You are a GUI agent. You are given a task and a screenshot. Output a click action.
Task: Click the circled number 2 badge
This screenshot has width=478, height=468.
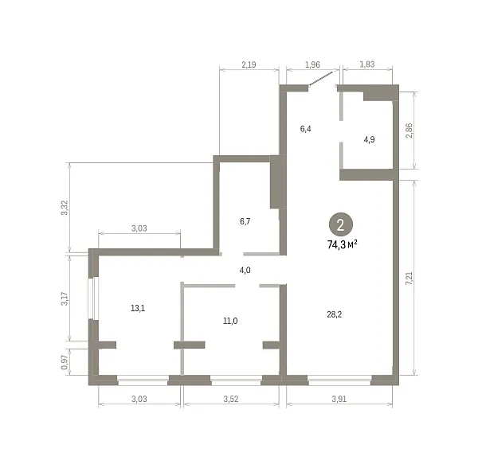click(x=340, y=224)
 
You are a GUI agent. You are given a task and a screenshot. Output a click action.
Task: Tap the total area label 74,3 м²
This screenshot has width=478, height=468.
click(x=342, y=244)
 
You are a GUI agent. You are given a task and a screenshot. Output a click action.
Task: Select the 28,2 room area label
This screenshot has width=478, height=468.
click(x=334, y=314)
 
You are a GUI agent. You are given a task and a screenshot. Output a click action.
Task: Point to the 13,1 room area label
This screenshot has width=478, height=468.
click(x=138, y=309)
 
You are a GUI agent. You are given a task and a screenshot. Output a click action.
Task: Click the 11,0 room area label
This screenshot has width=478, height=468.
click(x=230, y=321)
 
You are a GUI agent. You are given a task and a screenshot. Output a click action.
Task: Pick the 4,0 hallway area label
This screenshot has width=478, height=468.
click(x=245, y=270)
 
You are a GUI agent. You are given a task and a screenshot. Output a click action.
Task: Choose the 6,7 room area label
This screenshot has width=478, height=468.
click(x=245, y=221)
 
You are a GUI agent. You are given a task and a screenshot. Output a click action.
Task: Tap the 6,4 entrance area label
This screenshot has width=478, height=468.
click(x=305, y=129)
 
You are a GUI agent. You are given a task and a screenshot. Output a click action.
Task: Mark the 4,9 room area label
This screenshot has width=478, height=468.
click(x=369, y=140)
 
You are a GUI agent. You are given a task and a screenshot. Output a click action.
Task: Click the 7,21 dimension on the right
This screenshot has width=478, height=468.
click(x=409, y=278)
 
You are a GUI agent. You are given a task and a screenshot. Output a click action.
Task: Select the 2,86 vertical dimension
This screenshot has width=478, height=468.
click(x=409, y=131)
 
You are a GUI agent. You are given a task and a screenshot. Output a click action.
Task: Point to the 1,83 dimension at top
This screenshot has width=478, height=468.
click(x=367, y=64)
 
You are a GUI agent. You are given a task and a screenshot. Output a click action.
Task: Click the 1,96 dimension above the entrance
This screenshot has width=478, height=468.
click(x=312, y=64)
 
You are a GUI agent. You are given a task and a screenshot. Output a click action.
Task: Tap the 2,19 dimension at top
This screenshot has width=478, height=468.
click(x=249, y=64)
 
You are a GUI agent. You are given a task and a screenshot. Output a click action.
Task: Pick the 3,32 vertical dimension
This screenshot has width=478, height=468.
click(x=65, y=208)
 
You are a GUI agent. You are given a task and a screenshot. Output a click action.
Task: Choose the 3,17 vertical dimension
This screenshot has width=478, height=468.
click(x=65, y=298)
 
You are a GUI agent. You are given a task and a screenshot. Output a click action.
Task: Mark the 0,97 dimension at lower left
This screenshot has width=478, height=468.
click(x=65, y=362)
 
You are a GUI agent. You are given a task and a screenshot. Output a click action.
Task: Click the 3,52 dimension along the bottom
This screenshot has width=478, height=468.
click(x=231, y=399)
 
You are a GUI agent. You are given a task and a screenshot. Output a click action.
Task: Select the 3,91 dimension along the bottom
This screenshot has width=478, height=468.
click(x=339, y=399)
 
